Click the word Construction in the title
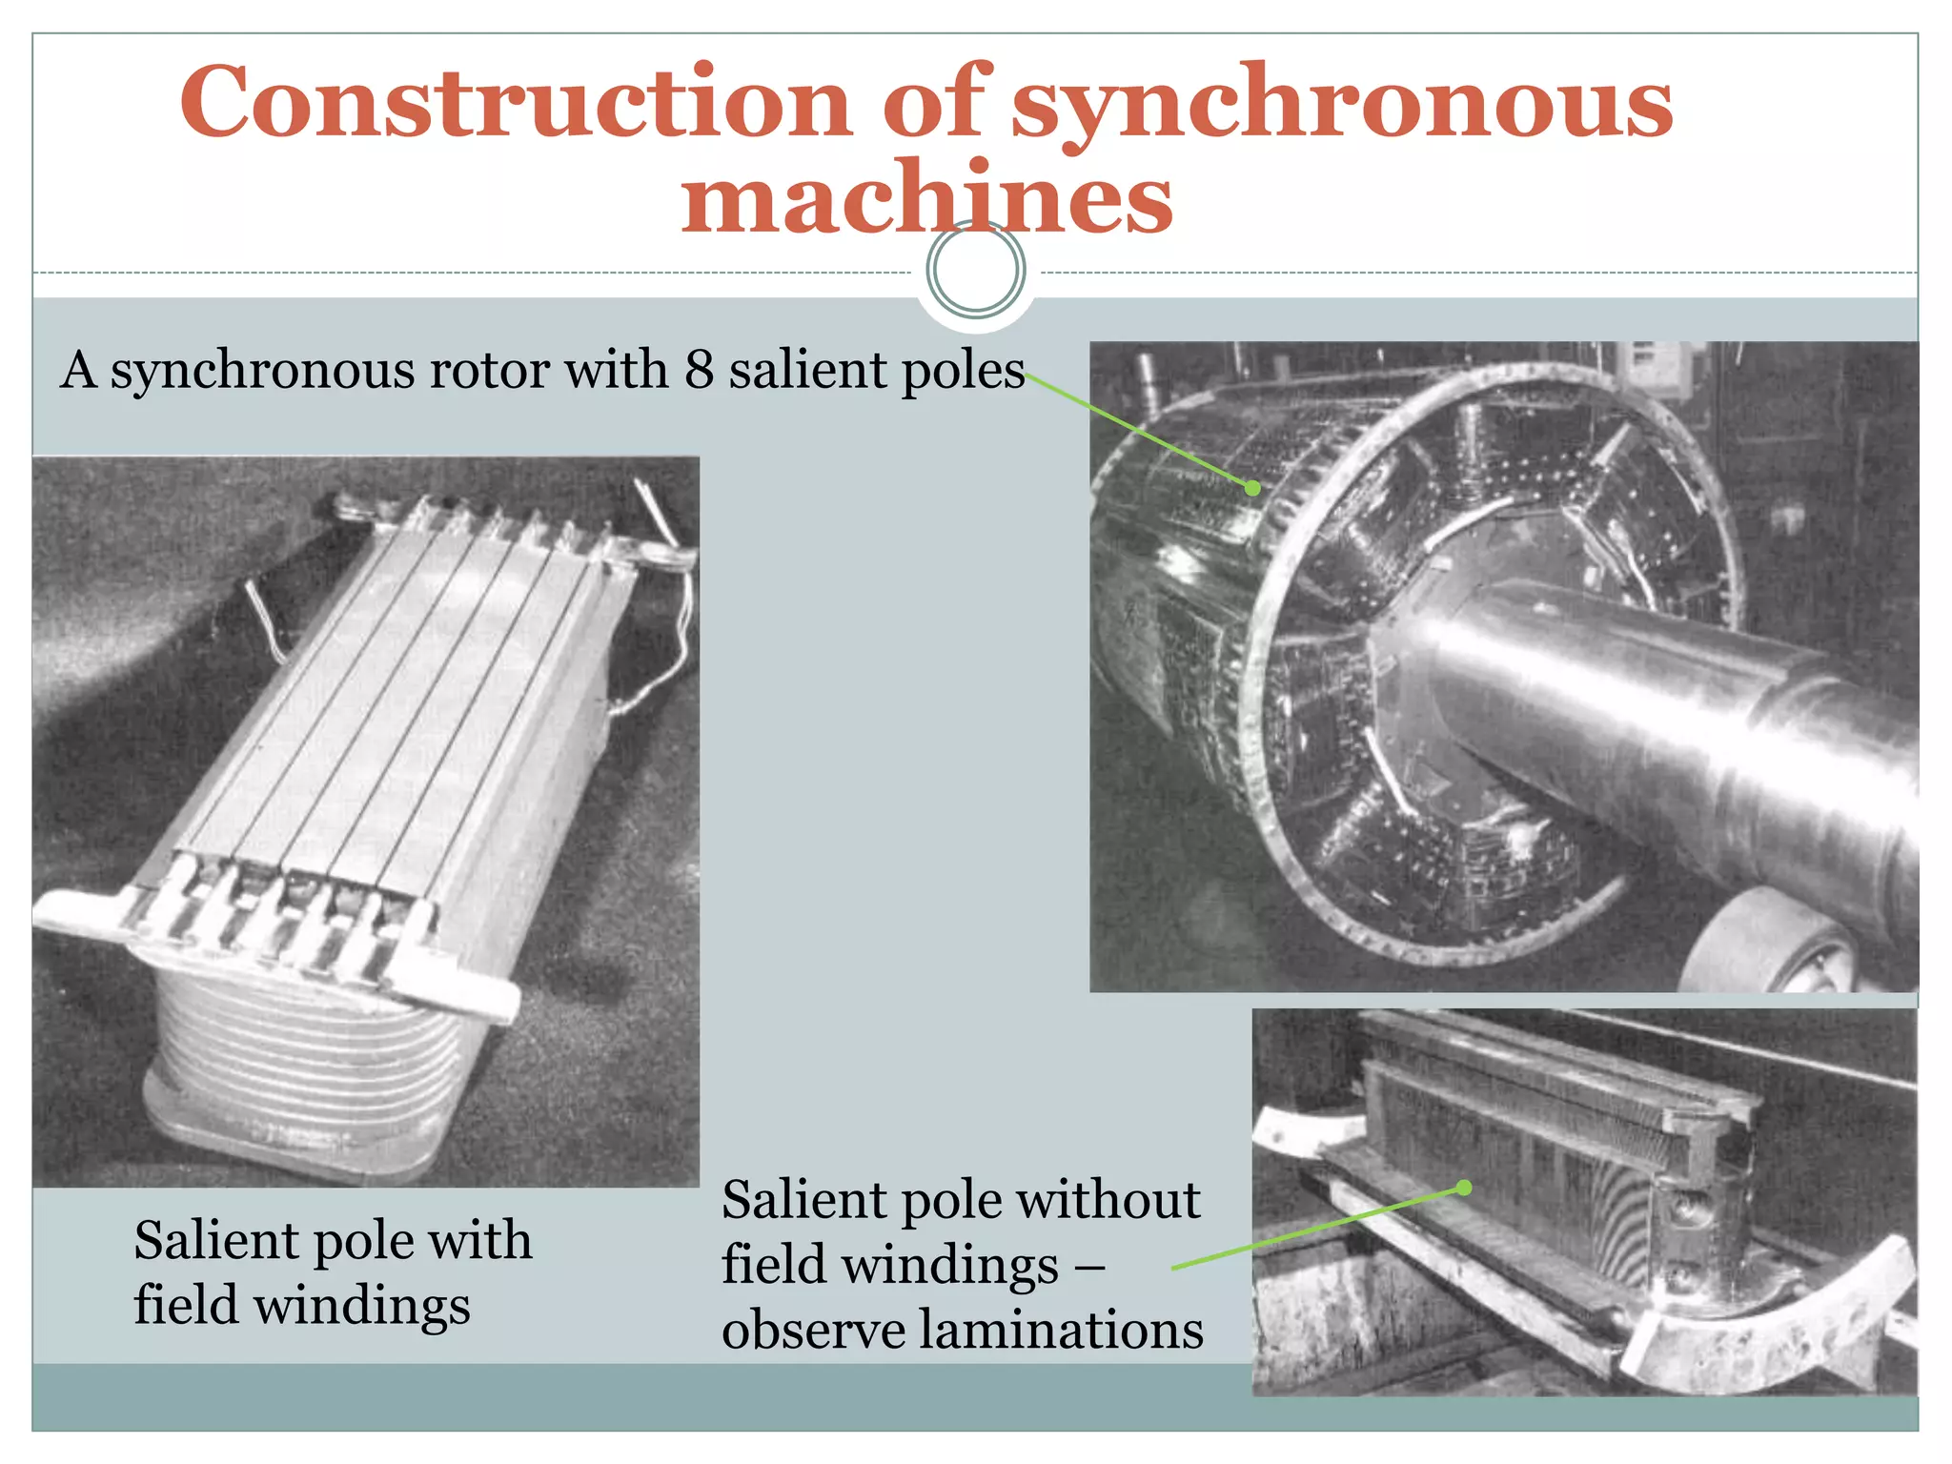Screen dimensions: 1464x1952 click(515, 102)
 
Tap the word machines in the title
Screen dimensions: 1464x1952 click(926, 199)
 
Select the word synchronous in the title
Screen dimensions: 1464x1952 click(1341, 102)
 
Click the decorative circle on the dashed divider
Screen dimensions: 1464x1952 click(975, 270)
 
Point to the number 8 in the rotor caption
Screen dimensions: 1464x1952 click(699, 370)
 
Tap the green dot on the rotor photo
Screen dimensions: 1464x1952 click(1253, 488)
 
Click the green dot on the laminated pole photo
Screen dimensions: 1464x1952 click(1465, 1188)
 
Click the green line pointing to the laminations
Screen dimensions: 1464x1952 click(1315, 1230)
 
